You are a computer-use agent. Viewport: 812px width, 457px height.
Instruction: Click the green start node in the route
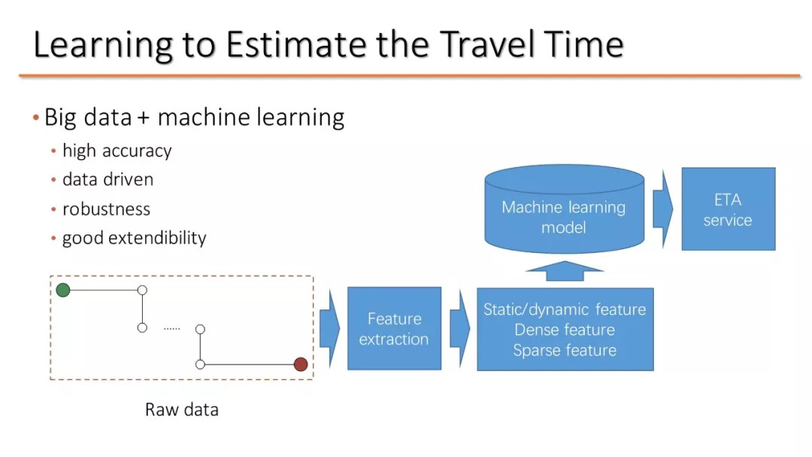tap(63, 290)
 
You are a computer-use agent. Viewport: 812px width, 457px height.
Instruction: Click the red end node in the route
tap(301, 364)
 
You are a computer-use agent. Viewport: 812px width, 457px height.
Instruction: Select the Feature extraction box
tap(394, 328)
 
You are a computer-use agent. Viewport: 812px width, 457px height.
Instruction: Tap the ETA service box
tap(728, 209)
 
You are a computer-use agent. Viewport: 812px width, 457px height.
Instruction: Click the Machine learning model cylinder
tap(565, 209)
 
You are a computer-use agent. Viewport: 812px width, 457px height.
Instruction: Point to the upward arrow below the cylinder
tap(565, 271)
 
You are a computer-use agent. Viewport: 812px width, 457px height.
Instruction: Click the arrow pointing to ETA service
tap(663, 209)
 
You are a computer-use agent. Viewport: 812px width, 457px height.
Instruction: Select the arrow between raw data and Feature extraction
tap(330, 328)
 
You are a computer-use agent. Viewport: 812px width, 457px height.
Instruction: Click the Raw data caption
tap(182, 410)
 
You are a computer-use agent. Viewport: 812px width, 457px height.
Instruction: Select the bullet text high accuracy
tap(117, 151)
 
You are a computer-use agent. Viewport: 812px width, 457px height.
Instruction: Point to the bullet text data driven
tap(108, 179)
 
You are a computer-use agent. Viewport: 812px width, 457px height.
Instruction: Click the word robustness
tap(106, 209)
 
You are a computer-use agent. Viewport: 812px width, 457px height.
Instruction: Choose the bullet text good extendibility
tap(134, 238)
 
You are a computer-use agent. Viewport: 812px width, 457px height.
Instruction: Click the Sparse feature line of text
tap(565, 350)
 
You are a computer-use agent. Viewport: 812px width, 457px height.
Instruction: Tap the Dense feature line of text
tap(565, 330)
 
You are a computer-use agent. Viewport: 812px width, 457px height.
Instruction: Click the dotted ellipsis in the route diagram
tap(172, 328)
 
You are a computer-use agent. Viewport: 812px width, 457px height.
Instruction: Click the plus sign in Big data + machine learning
tap(144, 118)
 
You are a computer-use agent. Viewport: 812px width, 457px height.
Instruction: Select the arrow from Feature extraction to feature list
tap(460, 328)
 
